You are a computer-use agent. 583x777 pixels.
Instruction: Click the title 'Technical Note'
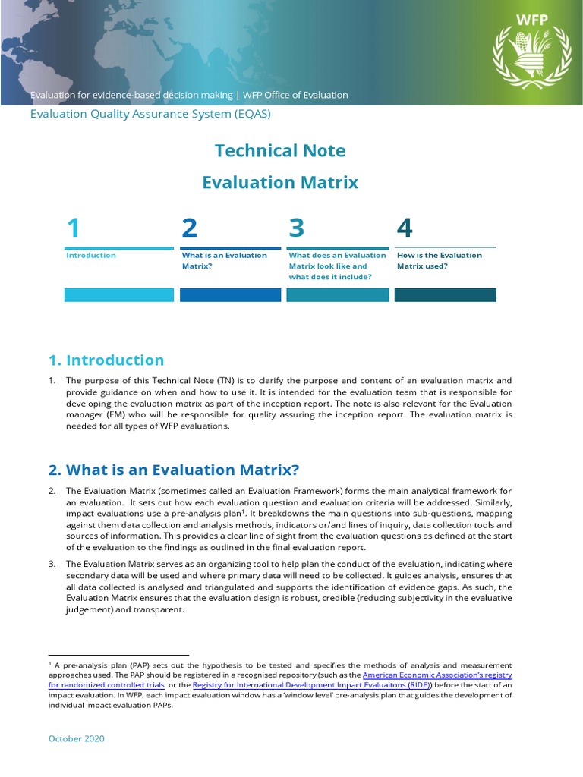pos(280,150)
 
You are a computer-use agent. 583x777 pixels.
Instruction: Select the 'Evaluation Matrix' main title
pos(280,182)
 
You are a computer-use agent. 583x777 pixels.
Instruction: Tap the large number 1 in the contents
pos(73,228)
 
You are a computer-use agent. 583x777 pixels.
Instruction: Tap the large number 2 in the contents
pos(189,228)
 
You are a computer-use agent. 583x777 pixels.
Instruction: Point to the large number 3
pos(297,228)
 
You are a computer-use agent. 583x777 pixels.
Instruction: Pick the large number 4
pos(405,228)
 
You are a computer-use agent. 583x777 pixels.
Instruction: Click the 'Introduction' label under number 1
pos(91,256)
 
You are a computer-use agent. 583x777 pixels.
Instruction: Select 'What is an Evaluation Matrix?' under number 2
pos(224,260)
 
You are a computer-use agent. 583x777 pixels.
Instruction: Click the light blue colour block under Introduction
pos(118,295)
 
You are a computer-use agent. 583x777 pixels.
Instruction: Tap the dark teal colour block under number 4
pos(445,295)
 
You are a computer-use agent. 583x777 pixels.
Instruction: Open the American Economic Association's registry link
pos(437,675)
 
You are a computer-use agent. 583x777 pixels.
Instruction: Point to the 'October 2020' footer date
pos(77,738)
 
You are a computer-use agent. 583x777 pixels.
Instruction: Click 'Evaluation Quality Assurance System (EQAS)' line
pos(150,114)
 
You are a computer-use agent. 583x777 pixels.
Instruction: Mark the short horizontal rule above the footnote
pos(118,655)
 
